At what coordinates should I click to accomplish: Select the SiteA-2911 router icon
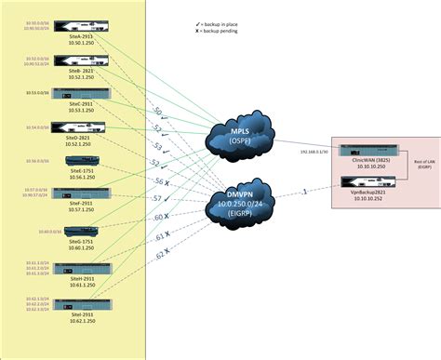point(73,25)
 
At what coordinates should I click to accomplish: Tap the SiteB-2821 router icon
point(73,60)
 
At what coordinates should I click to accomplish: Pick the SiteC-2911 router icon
point(73,93)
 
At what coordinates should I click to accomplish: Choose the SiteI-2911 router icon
point(73,304)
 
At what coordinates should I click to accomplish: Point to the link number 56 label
point(158,181)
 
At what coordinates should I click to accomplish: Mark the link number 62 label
point(159,252)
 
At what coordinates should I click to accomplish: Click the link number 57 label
point(158,198)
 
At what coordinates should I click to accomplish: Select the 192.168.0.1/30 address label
point(314,151)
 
